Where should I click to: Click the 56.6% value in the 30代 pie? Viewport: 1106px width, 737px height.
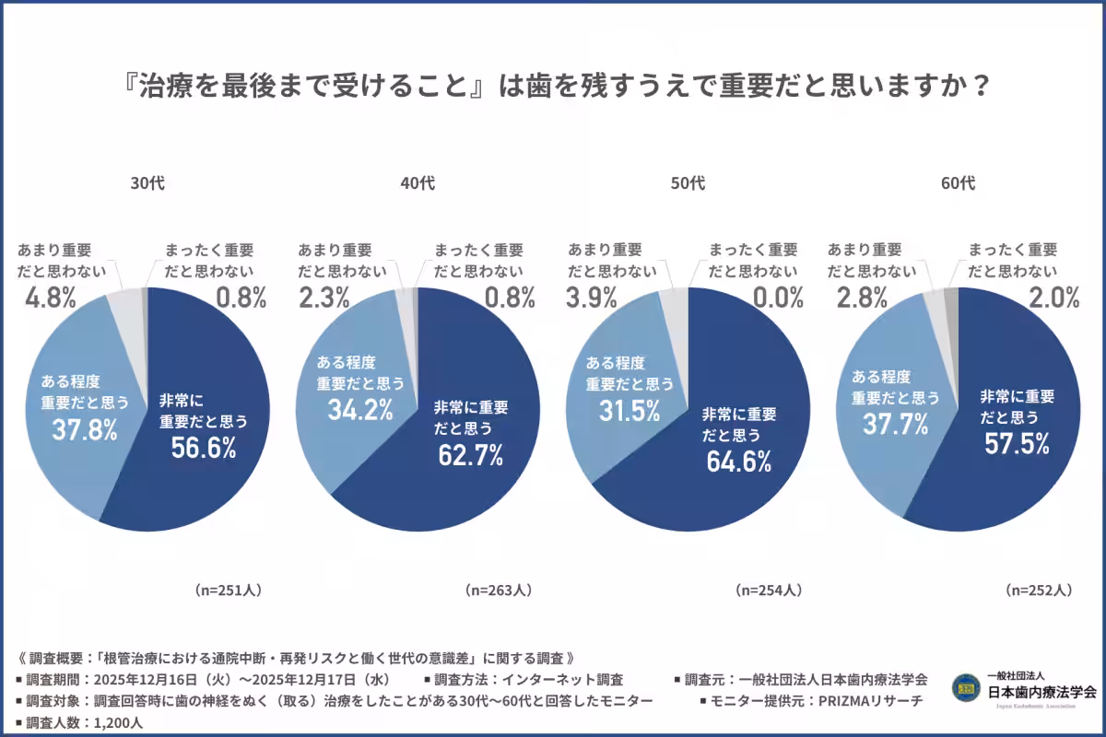click(204, 448)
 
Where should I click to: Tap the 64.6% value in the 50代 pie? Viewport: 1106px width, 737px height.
click(738, 461)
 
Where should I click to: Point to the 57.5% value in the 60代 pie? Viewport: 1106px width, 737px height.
click(1016, 444)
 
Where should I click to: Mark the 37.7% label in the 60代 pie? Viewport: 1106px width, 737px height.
click(895, 425)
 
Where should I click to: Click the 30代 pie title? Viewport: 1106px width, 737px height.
click(147, 183)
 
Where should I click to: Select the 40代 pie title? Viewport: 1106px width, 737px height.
click(418, 183)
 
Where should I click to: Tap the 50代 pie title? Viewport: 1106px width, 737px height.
click(688, 183)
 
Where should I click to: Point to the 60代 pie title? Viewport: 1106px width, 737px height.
click(958, 183)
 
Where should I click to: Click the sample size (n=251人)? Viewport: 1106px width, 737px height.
click(228, 590)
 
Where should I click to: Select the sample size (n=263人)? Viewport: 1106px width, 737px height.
click(498, 590)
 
